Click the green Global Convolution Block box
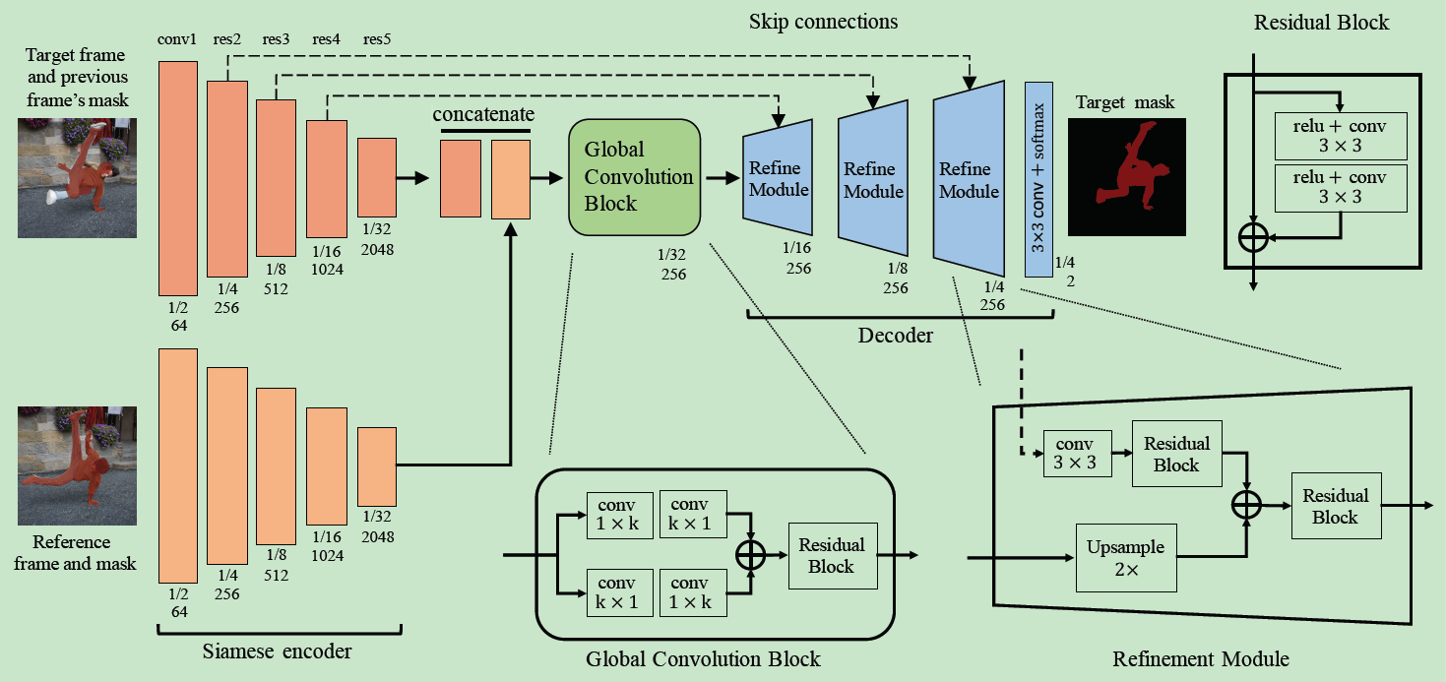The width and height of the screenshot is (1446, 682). point(634,177)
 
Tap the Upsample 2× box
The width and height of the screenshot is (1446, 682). point(1126,557)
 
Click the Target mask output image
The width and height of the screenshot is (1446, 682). point(1126,177)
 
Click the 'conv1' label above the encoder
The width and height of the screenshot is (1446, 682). point(177,40)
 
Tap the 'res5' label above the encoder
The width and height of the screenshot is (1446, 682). point(376,40)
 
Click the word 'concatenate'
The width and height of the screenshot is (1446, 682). point(483,115)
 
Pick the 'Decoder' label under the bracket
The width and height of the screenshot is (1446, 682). point(895,336)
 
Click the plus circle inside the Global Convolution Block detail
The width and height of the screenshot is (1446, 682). point(751,555)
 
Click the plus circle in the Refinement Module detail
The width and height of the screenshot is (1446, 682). point(1246,505)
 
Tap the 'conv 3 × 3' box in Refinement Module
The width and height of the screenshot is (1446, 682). point(1077,453)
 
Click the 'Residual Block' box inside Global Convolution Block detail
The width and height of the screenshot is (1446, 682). point(831,555)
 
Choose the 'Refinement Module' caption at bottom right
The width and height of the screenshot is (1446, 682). point(1200,658)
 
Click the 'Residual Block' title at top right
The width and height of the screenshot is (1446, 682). point(1321,22)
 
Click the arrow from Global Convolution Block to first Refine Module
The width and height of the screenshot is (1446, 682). point(723,178)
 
